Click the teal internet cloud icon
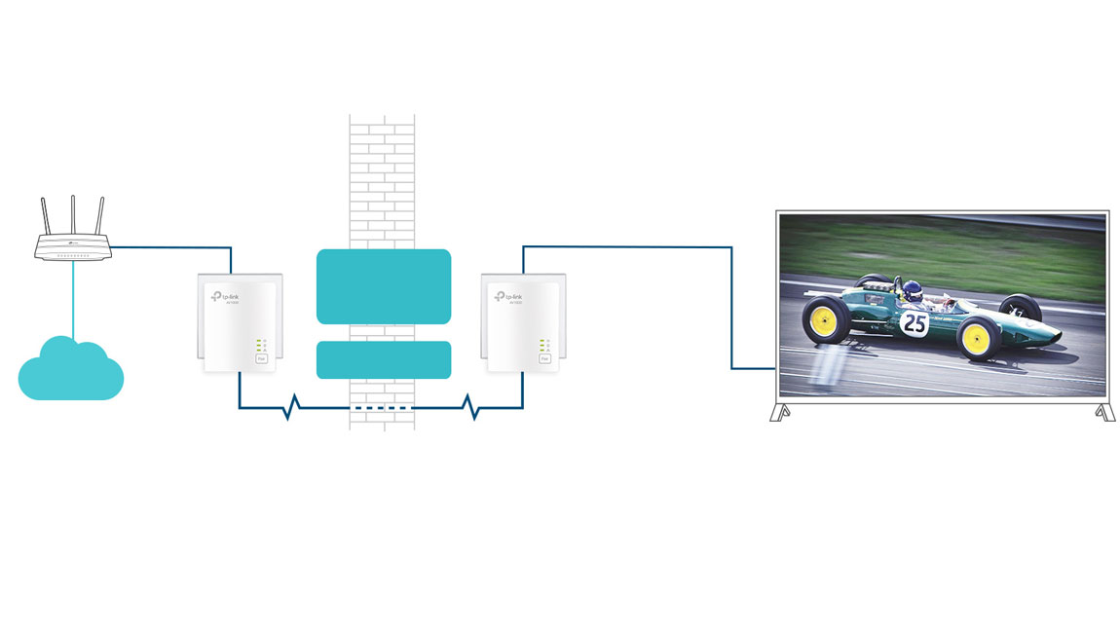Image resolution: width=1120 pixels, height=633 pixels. (x=70, y=371)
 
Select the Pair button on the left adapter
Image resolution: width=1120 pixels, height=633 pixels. (x=261, y=359)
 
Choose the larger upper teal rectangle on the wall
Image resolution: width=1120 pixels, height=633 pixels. (x=384, y=286)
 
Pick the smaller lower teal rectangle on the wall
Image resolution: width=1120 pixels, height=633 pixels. (x=384, y=359)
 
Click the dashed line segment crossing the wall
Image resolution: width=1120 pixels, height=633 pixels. (x=382, y=407)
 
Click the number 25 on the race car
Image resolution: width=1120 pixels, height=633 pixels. (x=914, y=323)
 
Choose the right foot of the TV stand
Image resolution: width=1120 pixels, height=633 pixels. (x=1104, y=413)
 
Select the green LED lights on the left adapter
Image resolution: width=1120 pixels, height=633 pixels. (x=258, y=345)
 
